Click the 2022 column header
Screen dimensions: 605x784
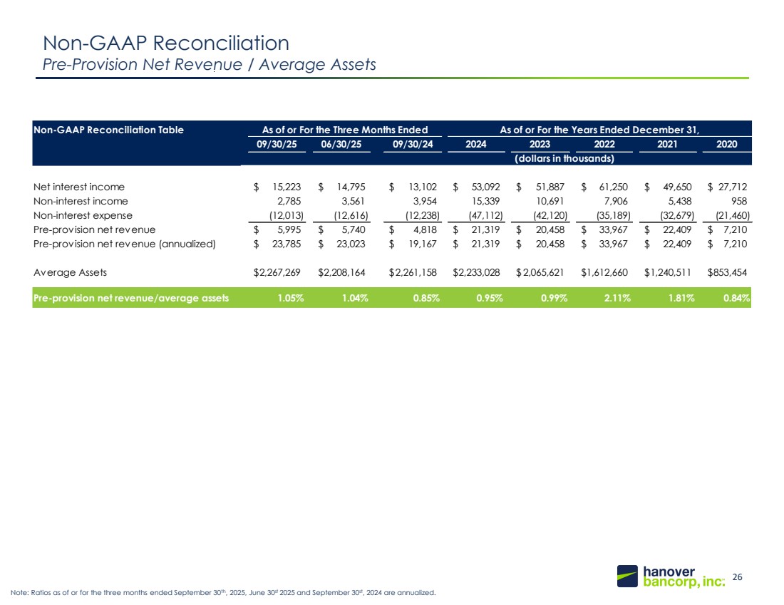pyautogui.click(x=605, y=144)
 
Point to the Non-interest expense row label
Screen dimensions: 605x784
pyautogui.click(x=83, y=215)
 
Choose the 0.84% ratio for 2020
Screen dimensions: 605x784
pyautogui.click(x=738, y=299)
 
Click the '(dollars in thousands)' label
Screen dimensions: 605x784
pyautogui.click(x=564, y=158)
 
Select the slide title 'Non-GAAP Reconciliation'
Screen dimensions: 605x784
pyautogui.click(x=165, y=43)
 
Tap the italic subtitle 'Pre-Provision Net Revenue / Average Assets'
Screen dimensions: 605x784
pyautogui.click(x=210, y=65)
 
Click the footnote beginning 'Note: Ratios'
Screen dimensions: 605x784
pyautogui.click(x=222, y=593)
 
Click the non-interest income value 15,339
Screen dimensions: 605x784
pyautogui.click(x=486, y=201)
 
